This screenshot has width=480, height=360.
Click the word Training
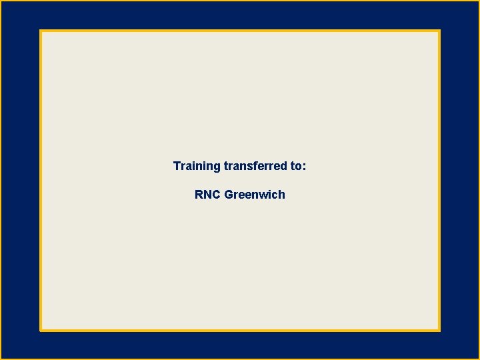click(x=197, y=166)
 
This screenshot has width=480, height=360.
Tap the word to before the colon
click(x=296, y=165)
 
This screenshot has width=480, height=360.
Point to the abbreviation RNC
click(x=207, y=195)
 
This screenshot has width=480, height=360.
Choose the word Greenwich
click(x=255, y=195)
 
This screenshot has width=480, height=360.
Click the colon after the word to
click(x=305, y=167)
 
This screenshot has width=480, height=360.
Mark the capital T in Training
click(x=177, y=165)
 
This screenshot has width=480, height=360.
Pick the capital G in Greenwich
click(x=229, y=195)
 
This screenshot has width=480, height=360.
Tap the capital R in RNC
click(x=199, y=195)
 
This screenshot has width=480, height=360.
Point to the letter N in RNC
click(x=207, y=195)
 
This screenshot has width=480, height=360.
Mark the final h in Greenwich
click(x=281, y=195)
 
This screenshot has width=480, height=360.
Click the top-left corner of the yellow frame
click(x=41, y=31)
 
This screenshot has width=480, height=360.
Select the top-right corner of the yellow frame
click(x=439, y=31)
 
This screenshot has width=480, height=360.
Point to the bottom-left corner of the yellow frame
click(x=41, y=330)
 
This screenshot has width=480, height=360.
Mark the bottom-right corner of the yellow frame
click(x=439, y=330)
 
